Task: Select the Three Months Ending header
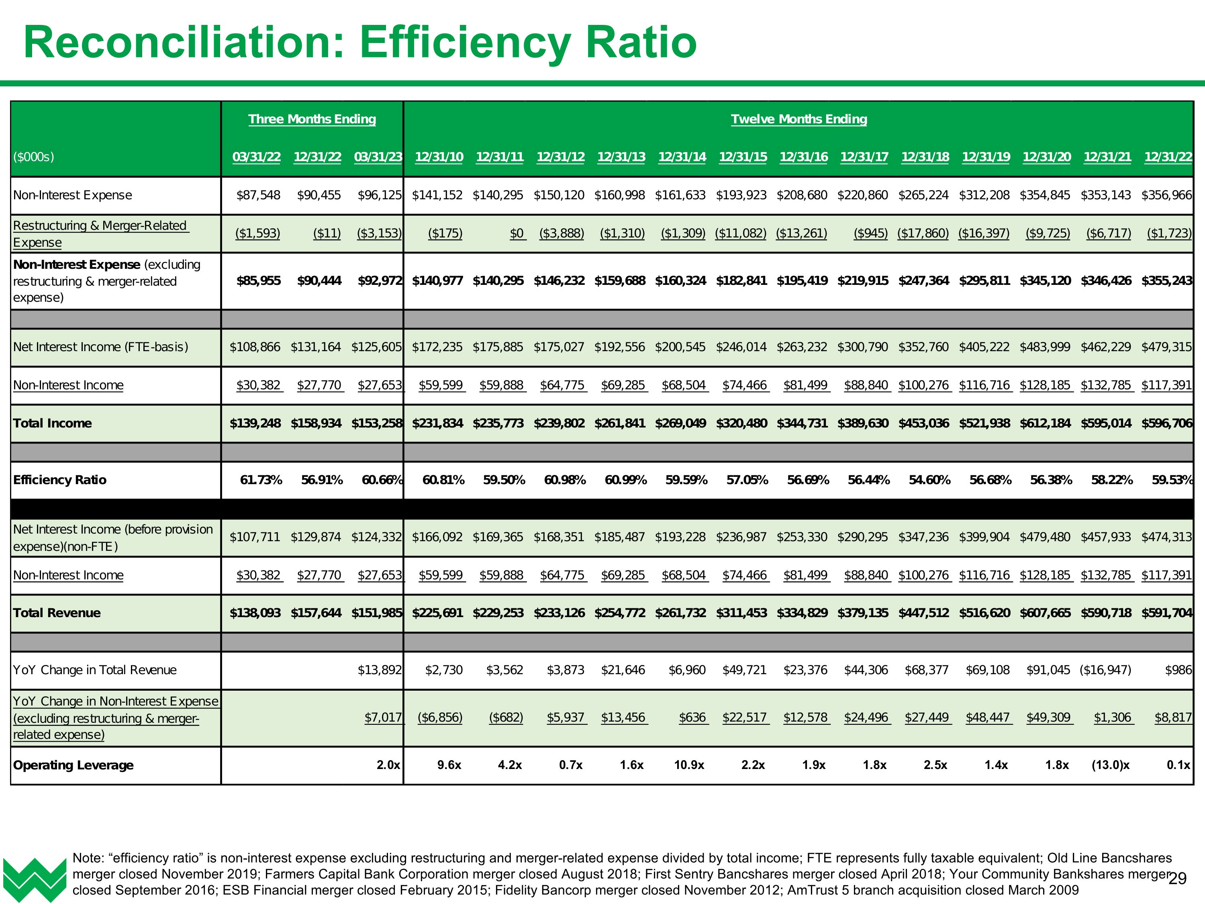pos(312,119)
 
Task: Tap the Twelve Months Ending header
pos(799,119)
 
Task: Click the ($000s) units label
pos(34,157)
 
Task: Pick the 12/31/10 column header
pos(439,157)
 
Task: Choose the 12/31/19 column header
pos(985,157)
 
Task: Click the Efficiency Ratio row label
pos(60,480)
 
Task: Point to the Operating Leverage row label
pos(73,765)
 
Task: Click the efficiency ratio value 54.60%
pos(929,480)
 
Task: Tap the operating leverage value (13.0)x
pos(1110,765)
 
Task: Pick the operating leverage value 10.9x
pos(689,765)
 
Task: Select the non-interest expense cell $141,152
pos(437,195)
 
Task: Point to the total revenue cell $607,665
pos(1046,613)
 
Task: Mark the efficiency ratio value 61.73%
pos(261,480)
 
